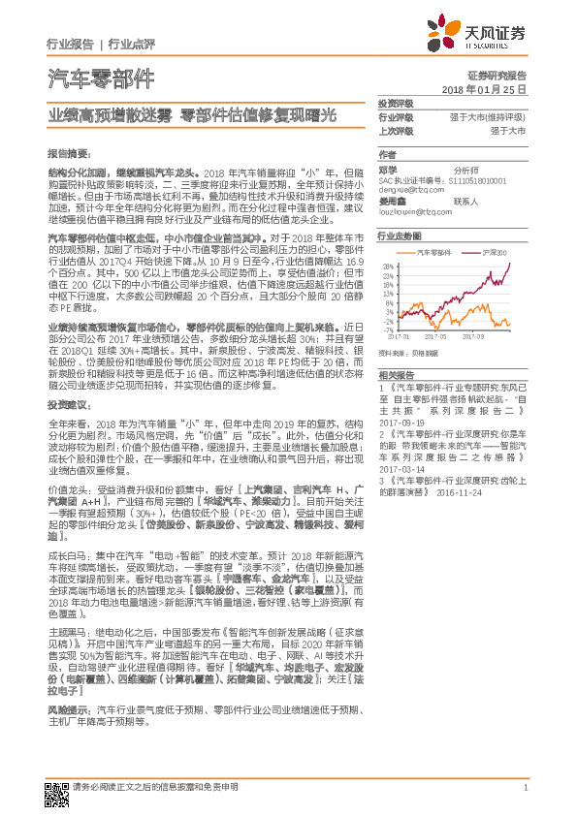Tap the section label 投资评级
[396, 103]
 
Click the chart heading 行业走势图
[400, 235]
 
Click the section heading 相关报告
[396, 374]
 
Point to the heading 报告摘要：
[68, 153]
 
